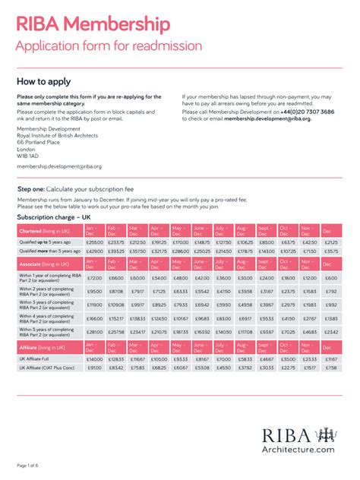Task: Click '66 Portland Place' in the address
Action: tap(38, 141)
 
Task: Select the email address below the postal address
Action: tap(58, 166)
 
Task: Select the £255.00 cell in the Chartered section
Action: tap(94, 242)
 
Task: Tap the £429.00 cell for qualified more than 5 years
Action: tap(94, 251)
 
